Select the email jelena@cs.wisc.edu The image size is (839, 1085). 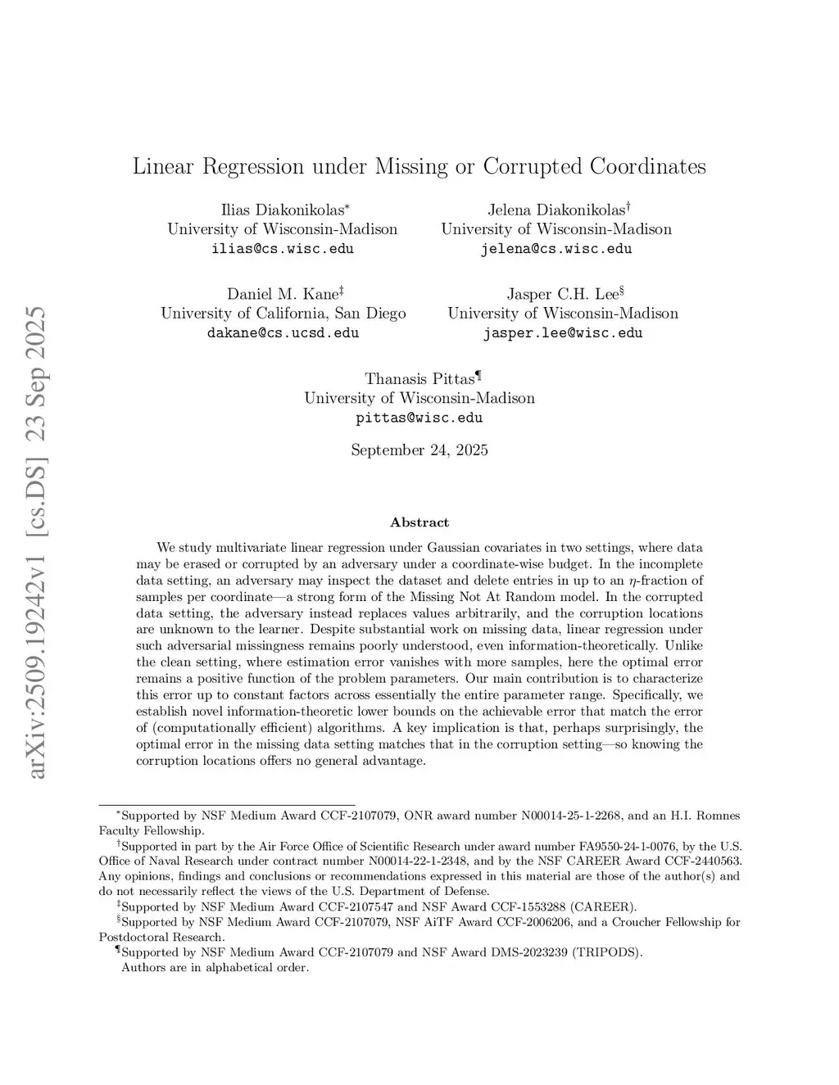coord(556,249)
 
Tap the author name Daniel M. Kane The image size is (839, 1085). coord(282,294)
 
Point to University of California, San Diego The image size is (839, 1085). coord(283,314)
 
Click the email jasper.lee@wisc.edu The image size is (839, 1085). coord(562,333)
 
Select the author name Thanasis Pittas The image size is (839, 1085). coord(419,379)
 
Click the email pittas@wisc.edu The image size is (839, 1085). coord(419,418)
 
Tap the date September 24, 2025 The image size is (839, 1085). coord(419,450)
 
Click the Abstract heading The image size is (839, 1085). coord(419,522)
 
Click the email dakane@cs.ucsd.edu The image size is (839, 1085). coord(283,333)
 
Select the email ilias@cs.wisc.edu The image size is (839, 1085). coord(283,249)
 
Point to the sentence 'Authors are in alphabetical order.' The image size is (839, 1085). coord(215,968)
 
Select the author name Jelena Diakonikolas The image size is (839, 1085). coord(556,210)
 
